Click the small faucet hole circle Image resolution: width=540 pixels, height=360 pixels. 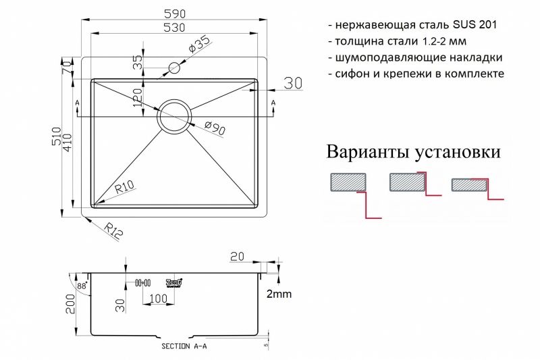coord(175,68)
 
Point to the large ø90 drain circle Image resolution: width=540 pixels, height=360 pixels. coord(175,117)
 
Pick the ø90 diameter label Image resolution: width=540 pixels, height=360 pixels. coord(214,128)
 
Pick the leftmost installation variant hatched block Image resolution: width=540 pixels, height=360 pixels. coord(348,182)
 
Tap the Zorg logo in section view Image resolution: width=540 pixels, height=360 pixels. coord(174,282)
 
